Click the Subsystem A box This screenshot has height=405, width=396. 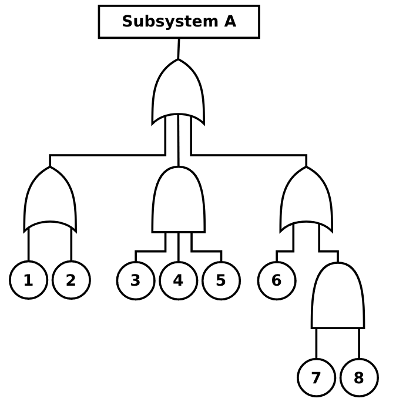pos(179,22)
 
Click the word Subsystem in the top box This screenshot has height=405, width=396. pos(162,22)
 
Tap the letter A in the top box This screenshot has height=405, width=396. pos(230,22)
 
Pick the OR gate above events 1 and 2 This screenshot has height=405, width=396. pos(50,200)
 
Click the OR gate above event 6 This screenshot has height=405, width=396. pos(306,200)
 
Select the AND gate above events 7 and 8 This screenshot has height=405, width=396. pos(338,297)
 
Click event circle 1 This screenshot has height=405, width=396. pos(28,280)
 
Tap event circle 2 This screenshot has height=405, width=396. pos(71,280)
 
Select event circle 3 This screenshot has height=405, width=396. pos(136,280)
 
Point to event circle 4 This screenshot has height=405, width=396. pos(179,280)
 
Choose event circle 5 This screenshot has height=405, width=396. pos(221,280)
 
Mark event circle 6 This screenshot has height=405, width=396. pos(277,280)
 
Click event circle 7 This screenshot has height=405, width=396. pos(317,377)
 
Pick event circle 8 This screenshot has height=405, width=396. pos(359,377)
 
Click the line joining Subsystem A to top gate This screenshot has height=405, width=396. pos(179,49)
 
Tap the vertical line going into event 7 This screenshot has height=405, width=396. pos(317,343)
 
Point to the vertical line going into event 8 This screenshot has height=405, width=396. pos(359,343)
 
